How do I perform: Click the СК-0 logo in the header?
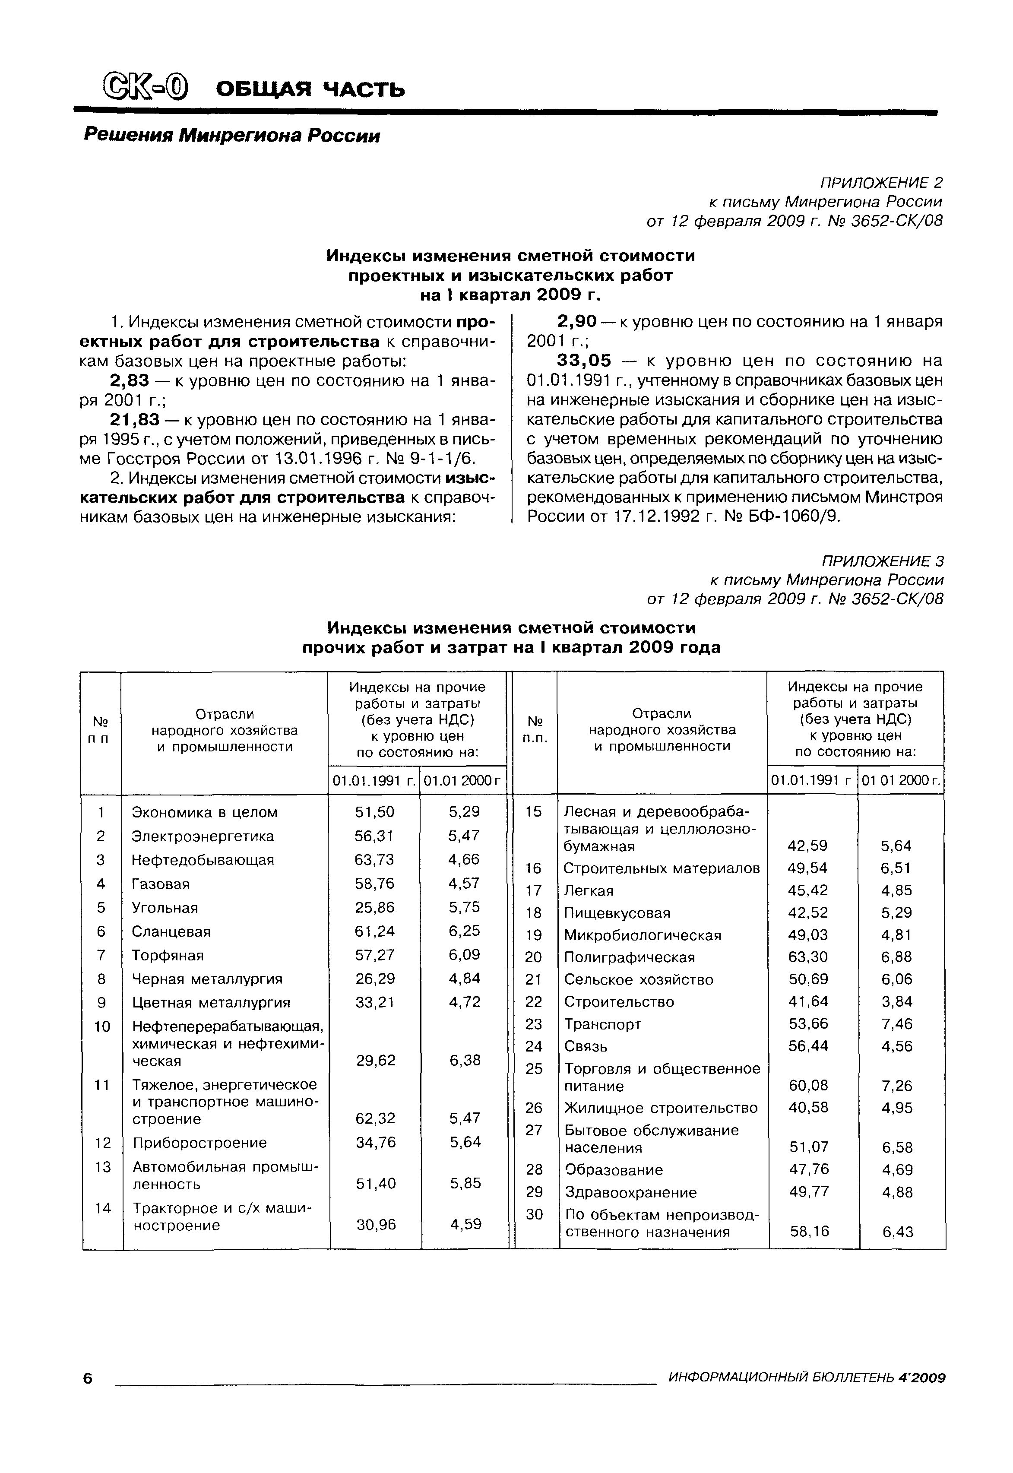[147, 88]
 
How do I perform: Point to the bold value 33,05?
[584, 361]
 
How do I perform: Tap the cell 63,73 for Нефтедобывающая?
[374, 859]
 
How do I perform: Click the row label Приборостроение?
[199, 1142]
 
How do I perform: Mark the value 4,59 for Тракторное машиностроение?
[465, 1223]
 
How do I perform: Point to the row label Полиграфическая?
[629, 957]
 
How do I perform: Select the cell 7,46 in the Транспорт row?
[896, 1024]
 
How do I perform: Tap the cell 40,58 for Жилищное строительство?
[808, 1107]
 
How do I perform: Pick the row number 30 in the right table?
[535, 1214]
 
